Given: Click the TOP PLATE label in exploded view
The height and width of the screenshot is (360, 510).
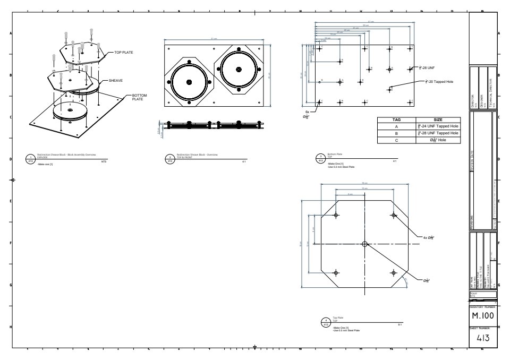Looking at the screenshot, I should [x=123, y=53].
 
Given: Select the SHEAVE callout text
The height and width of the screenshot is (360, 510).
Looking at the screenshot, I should [x=116, y=81].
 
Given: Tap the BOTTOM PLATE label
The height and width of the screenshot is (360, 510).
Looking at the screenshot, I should [x=138, y=98].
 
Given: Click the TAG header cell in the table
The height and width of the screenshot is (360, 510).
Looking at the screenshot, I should [x=396, y=120].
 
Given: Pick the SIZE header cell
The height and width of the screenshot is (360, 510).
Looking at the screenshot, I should [x=438, y=120].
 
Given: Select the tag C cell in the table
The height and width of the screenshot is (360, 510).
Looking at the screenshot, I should [x=396, y=140].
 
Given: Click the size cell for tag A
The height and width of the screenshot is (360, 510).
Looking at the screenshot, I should [x=438, y=126].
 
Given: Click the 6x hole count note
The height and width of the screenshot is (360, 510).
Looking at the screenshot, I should [x=308, y=112].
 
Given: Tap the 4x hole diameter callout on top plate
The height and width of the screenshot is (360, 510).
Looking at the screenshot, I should [x=429, y=237].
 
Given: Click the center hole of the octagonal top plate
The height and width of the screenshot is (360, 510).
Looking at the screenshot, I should [x=364, y=244].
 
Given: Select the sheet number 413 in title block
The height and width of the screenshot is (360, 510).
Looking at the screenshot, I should [x=483, y=338].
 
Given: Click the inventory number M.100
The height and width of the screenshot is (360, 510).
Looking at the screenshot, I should [x=483, y=316].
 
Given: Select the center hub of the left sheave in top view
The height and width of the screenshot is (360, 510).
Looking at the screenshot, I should [x=190, y=82].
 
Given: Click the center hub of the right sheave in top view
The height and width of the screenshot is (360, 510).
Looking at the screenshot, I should [x=238, y=69].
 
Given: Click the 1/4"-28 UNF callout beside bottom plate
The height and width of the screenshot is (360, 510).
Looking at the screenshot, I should [x=428, y=68].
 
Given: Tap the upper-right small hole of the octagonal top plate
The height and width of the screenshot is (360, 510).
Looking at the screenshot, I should [x=393, y=215].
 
